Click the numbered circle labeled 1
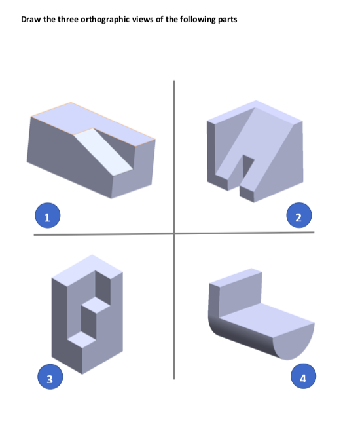tap(46, 216)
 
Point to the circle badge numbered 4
tap(302, 378)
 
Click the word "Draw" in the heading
tap(31, 19)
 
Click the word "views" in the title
tap(143, 19)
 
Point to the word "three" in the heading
tap(61, 19)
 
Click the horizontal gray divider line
tap(105, 233)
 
